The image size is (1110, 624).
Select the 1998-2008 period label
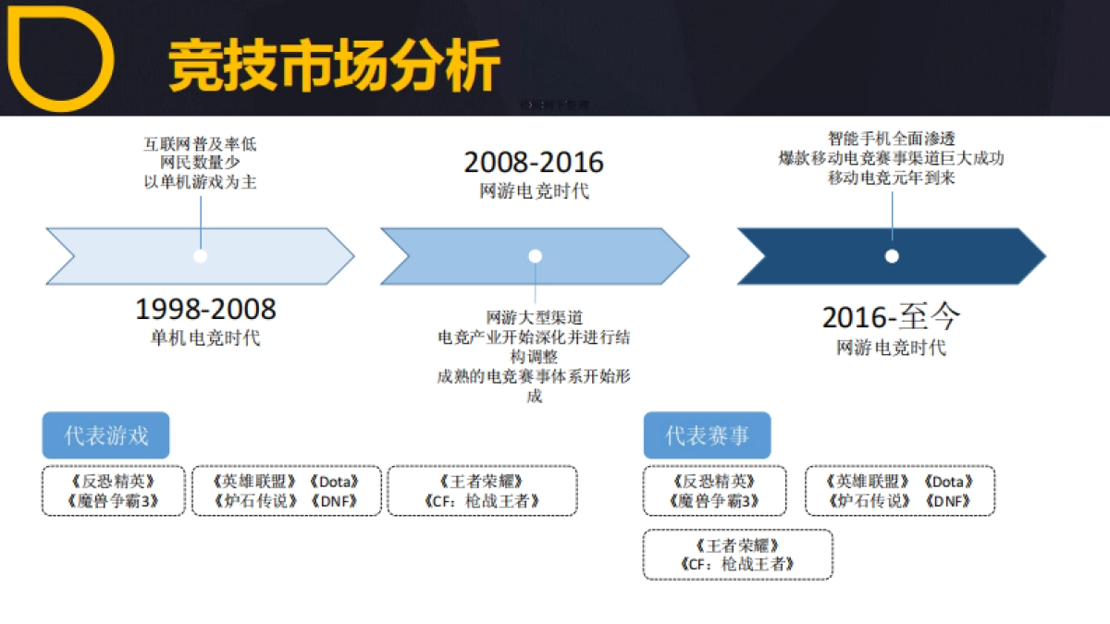tap(205, 309)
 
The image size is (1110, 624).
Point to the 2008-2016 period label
tap(534, 163)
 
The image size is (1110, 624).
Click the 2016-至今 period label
tap(892, 318)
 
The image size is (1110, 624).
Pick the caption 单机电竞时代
tap(205, 337)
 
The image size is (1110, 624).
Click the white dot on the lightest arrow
tap(200, 256)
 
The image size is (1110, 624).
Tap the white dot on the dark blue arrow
tap(892, 256)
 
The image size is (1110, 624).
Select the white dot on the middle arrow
tap(535, 256)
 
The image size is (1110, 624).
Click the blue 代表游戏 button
tap(105, 435)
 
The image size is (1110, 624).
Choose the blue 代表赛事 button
tap(707, 435)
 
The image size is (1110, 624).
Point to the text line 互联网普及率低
tap(200, 144)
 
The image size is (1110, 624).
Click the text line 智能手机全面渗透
tap(891, 139)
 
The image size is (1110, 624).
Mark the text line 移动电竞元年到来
tap(891, 177)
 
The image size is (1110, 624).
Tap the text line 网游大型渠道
tap(535, 318)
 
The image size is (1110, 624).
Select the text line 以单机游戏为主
tap(200, 182)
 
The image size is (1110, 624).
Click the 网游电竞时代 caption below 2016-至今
tap(892, 348)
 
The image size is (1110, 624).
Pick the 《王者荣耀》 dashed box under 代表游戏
tap(482, 491)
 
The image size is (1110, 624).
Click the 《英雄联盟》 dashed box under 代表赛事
tap(900, 491)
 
